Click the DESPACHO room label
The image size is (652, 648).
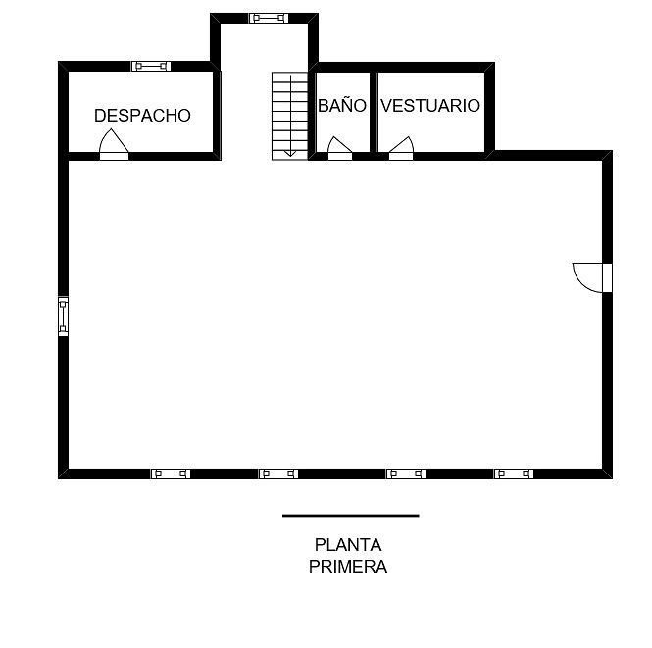(x=142, y=116)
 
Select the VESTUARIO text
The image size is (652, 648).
(x=430, y=106)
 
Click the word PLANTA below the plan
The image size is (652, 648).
(x=348, y=545)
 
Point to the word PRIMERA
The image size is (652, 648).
(x=348, y=567)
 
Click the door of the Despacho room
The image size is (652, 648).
(x=114, y=145)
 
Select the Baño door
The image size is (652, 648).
(x=339, y=148)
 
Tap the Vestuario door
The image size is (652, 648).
(x=401, y=148)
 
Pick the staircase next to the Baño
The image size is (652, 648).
(x=290, y=116)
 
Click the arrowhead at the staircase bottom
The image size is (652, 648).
(x=290, y=153)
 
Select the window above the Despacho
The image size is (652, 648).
(x=151, y=66)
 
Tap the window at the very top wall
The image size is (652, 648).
(x=269, y=18)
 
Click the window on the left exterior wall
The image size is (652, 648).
(x=63, y=317)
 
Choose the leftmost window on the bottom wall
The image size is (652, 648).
(x=171, y=474)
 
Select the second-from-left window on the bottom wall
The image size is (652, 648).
(x=278, y=474)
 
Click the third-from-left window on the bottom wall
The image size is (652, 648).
(x=406, y=474)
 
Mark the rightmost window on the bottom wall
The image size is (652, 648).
(x=514, y=474)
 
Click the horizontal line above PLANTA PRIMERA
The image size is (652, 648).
(x=351, y=516)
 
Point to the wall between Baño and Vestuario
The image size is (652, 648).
(x=374, y=112)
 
